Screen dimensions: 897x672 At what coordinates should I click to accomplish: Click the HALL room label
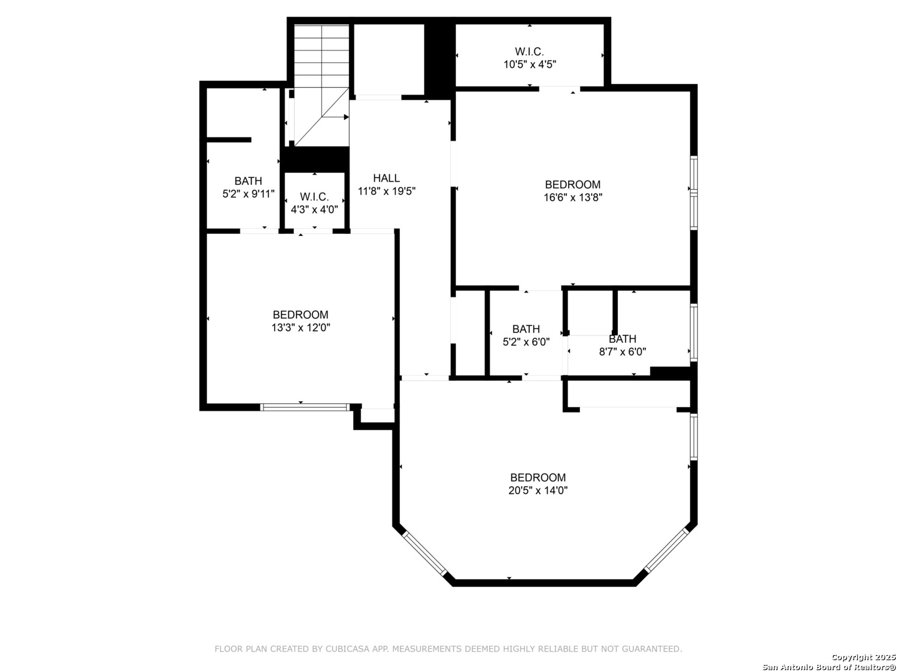point(386,178)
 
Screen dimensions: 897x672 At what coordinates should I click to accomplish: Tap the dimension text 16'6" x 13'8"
point(572,197)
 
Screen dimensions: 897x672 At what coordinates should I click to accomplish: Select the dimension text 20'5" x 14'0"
point(538,490)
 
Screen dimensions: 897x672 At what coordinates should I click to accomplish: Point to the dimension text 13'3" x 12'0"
point(300,328)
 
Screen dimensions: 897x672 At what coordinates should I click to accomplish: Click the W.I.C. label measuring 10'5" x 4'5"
point(529,52)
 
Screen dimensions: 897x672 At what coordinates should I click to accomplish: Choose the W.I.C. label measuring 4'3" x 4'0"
point(314,197)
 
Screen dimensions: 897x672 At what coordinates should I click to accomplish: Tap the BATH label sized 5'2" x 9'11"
point(248,180)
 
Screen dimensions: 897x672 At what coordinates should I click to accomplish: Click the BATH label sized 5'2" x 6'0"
point(526,329)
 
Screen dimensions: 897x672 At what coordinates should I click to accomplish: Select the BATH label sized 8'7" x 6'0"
point(622,339)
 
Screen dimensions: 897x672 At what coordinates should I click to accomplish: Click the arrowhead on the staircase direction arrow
point(346,117)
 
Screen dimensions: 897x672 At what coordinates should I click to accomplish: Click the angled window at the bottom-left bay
point(424,554)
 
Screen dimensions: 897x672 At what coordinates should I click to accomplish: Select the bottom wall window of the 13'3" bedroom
point(305,407)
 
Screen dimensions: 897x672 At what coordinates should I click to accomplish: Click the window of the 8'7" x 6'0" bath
point(693,332)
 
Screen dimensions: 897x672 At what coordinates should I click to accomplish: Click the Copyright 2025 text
point(863,657)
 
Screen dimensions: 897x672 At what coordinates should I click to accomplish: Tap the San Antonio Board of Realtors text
point(829,667)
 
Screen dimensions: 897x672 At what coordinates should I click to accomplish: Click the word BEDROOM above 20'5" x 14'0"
point(538,477)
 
